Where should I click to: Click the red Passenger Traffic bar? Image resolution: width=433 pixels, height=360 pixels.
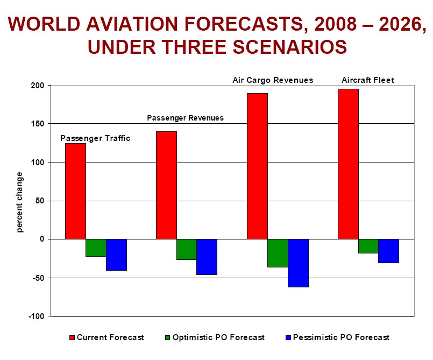tap(75, 191)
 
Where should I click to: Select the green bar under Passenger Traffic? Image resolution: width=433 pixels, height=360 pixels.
tap(96, 248)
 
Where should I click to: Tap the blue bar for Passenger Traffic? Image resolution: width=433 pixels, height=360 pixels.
tap(116, 255)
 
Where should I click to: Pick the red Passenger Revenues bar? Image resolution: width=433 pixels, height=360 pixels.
tap(166, 185)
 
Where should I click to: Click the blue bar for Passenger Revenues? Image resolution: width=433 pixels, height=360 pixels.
tap(207, 257)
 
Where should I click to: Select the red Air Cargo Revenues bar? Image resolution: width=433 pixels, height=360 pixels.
tap(257, 166)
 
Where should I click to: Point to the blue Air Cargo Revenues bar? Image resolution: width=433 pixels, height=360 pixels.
tap(298, 263)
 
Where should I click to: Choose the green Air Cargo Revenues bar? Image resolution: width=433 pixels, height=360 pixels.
tap(278, 253)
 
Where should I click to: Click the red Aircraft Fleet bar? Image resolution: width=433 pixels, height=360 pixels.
tap(348, 164)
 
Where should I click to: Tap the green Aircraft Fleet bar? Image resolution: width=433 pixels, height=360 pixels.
tap(368, 246)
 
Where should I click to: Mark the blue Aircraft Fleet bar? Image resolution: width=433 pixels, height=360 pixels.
tap(389, 251)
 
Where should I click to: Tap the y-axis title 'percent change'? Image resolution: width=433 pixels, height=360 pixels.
tap(20, 202)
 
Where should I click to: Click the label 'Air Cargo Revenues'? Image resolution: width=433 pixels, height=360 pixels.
tap(272, 80)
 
